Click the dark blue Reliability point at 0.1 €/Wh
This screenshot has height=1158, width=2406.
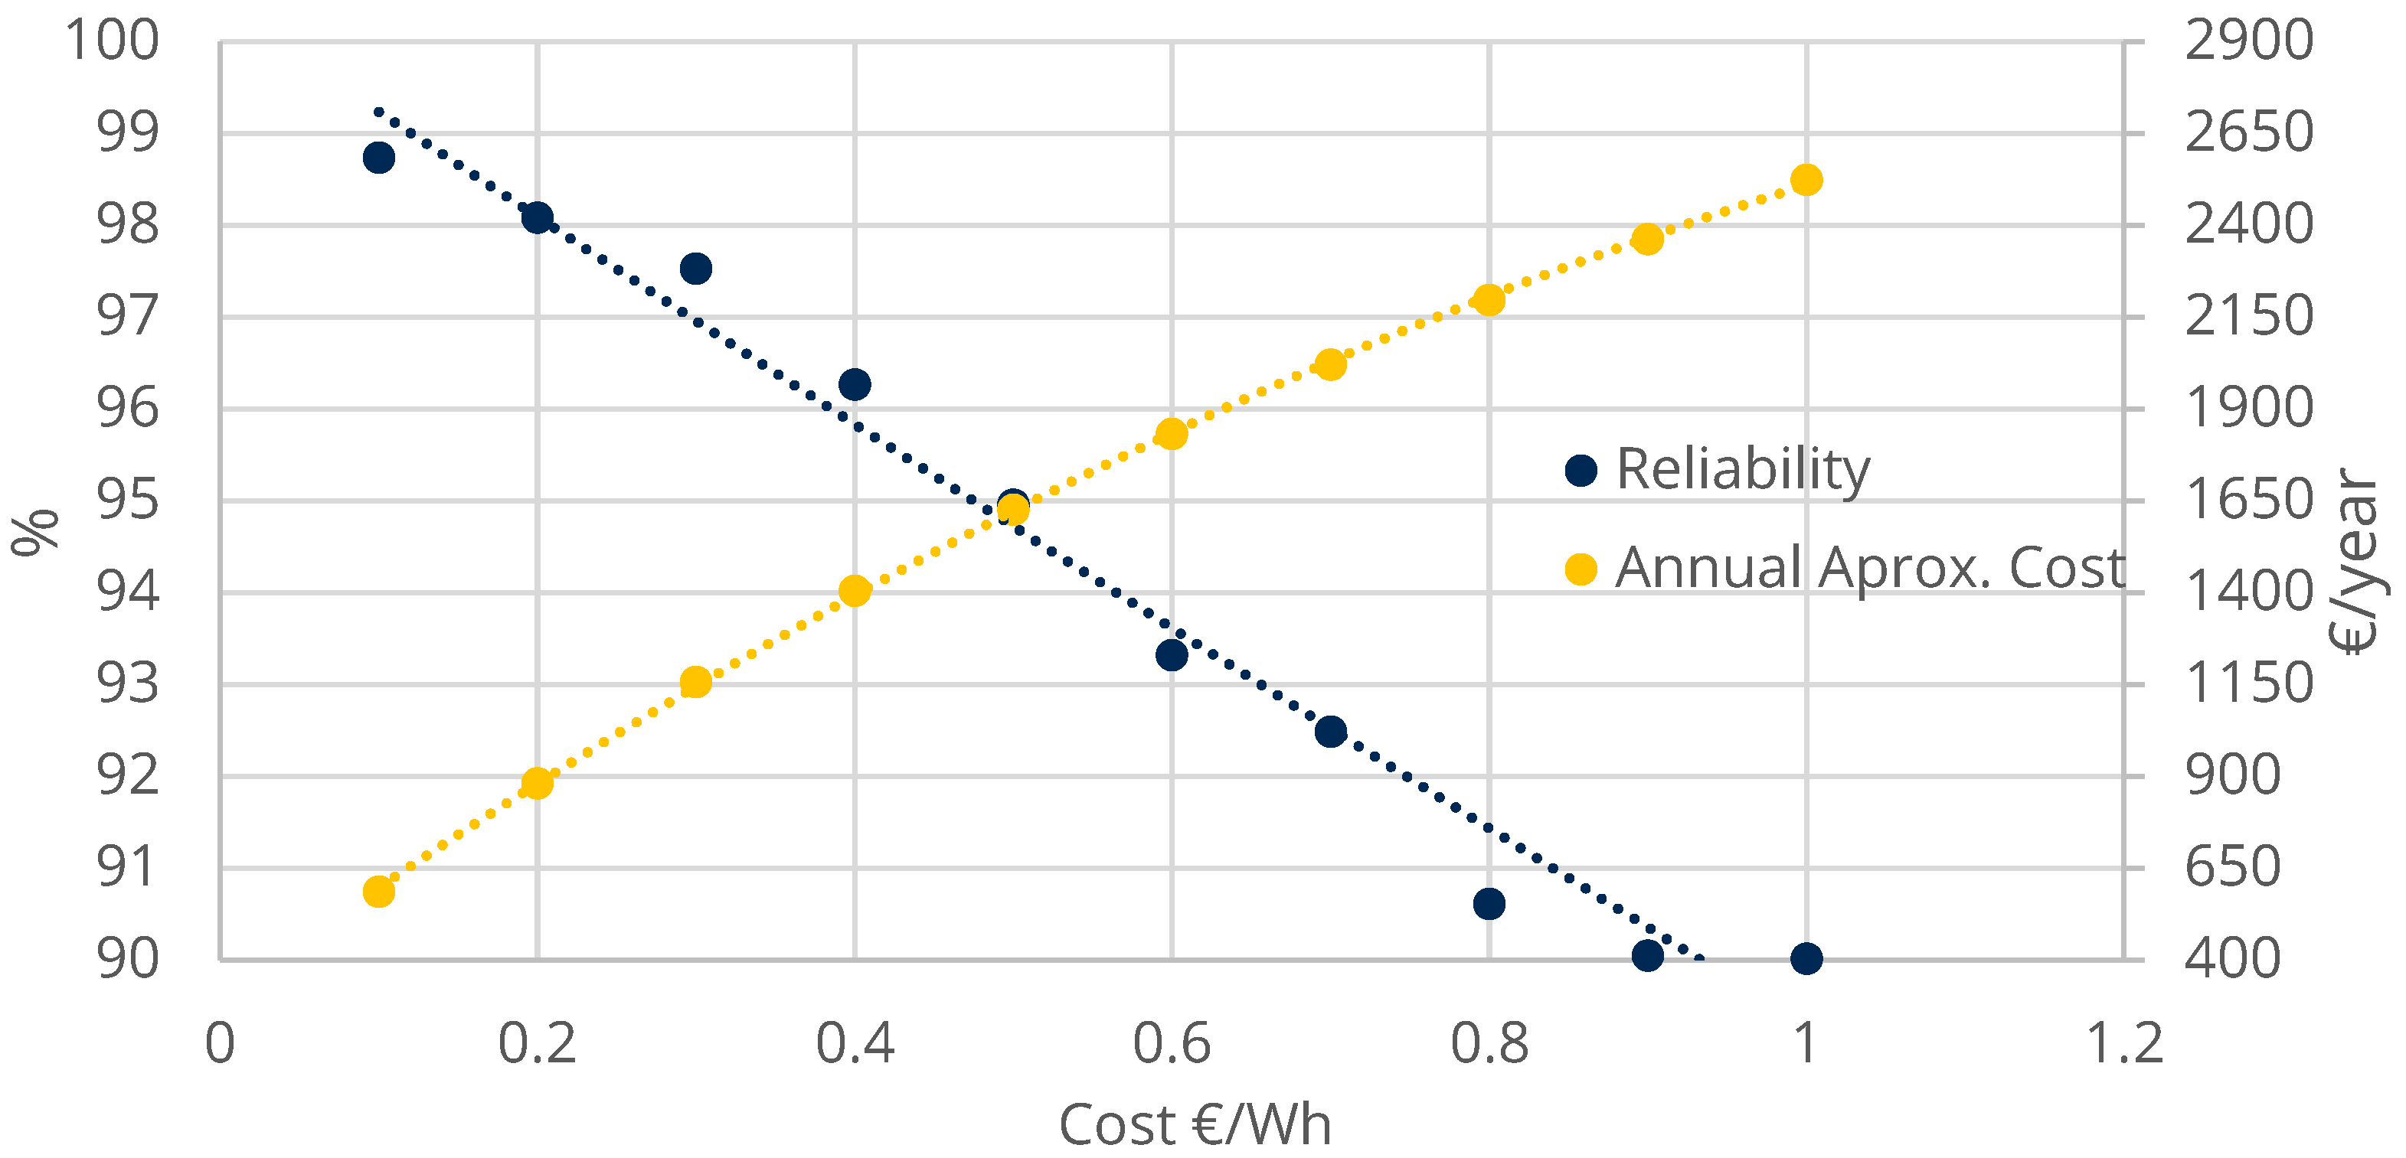[378, 158]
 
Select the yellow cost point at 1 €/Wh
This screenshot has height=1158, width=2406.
[1806, 179]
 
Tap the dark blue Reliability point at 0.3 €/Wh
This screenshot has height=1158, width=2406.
[696, 269]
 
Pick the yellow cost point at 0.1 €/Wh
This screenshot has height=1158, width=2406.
[378, 892]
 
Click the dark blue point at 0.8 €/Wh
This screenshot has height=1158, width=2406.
[1489, 904]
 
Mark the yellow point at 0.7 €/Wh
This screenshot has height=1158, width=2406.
[1331, 364]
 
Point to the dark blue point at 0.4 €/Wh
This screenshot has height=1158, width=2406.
[855, 383]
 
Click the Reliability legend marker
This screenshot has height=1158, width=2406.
[1581, 471]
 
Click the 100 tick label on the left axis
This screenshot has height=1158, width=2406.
[112, 41]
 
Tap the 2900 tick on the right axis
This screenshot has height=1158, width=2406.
[2248, 41]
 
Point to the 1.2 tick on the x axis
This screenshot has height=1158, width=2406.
[2124, 1043]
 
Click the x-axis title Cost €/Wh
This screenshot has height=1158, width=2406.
[1195, 1124]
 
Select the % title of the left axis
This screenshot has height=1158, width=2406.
[34, 532]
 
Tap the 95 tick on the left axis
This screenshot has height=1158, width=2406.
[128, 501]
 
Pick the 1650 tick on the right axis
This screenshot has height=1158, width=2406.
[2248, 501]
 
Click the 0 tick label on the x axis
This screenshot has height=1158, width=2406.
[220, 1043]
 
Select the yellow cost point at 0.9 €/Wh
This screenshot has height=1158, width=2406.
[1648, 239]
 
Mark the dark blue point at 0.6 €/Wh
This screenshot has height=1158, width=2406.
[1172, 654]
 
